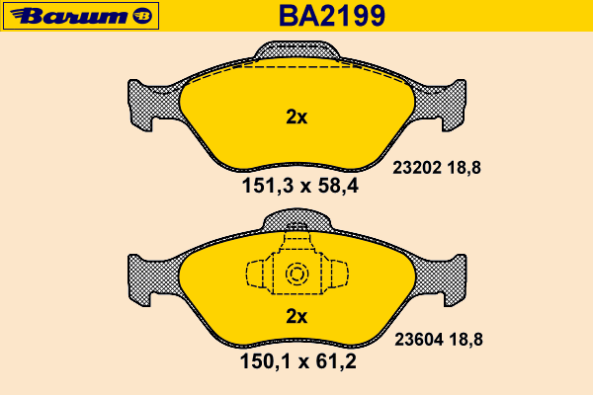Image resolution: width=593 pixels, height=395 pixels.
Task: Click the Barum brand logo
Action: pos(81,16)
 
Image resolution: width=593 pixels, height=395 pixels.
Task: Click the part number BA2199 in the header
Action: pos(332,16)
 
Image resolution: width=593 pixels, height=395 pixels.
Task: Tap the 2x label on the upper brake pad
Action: pos(296,118)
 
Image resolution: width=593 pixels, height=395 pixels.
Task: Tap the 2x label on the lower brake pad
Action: pos(296,316)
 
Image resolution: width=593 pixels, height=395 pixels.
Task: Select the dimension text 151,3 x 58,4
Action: pos(299,186)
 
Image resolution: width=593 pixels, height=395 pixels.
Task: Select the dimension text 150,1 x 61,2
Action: pos(298,361)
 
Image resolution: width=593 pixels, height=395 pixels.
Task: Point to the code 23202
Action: pos(417,168)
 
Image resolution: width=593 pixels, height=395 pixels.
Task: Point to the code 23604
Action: pos(419,340)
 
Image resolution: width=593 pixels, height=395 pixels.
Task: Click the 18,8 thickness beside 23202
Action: pos(465,168)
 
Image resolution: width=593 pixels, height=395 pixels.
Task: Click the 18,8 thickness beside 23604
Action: pos(466,340)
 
